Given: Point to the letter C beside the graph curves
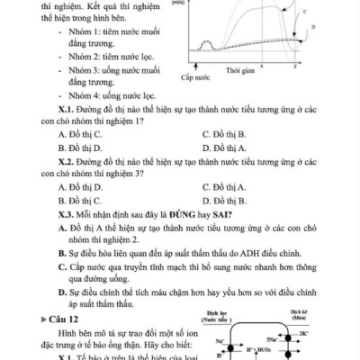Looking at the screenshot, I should [x=302, y=12].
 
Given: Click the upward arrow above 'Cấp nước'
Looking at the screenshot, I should [x=195, y=65].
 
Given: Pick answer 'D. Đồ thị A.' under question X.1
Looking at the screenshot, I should [x=225, y=147].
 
